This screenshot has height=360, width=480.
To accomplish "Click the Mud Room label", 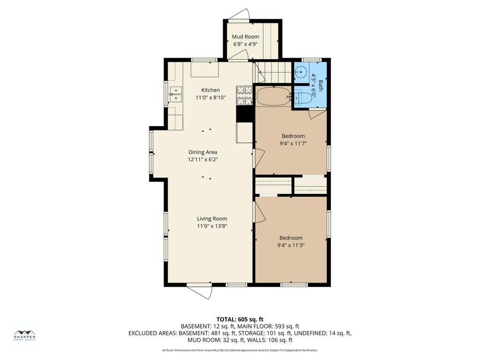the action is (246, 37).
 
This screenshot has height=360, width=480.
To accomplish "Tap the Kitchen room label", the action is (210, 90).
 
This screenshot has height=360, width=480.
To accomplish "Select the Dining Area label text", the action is (202, 152).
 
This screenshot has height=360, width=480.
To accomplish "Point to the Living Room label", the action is (212, 218).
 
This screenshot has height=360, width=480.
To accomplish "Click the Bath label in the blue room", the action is (321, 85).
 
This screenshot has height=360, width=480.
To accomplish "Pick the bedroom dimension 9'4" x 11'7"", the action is (293, 143).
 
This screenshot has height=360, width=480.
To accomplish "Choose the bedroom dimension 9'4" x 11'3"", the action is (291, 245).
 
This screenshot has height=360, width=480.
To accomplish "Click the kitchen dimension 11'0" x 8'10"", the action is (210, 97).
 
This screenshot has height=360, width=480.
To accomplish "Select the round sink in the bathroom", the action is (300, 72).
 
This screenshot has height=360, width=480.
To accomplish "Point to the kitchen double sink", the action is (176, 94).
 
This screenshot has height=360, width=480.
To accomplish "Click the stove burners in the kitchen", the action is (244, 96).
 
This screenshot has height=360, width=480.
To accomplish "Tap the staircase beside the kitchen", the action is (272, 72).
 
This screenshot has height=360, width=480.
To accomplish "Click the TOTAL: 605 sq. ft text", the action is (240, 320).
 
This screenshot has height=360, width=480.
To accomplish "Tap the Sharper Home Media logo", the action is (25, 336).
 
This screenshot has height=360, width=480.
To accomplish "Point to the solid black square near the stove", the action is (244, 114).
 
